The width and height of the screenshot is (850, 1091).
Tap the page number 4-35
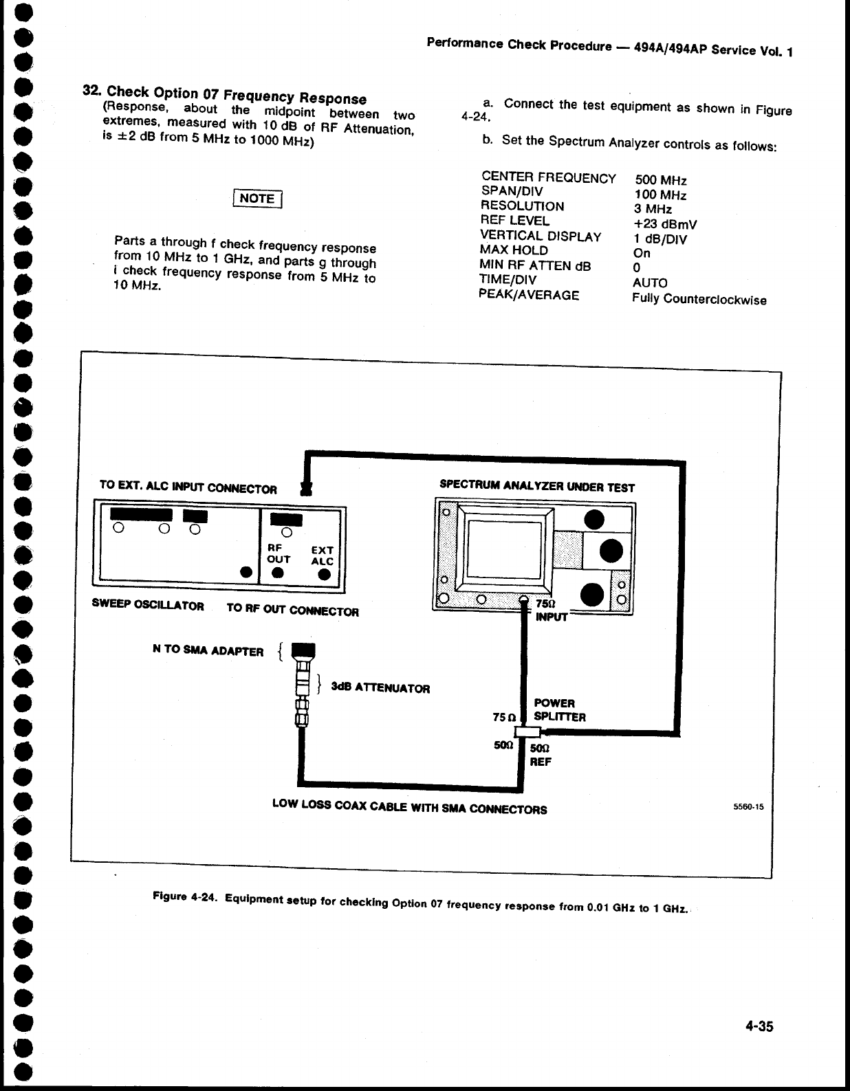[x=759, y=1026]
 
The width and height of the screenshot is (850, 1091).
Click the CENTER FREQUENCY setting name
[x=548, y=178]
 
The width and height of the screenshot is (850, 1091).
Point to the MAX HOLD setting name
[x=513, y=250]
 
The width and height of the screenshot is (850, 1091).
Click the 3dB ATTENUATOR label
[x=380, y=688]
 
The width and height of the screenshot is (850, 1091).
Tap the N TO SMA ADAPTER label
[x=208, y=651]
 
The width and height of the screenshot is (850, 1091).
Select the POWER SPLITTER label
[x=559, y=710]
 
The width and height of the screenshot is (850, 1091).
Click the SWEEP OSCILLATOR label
[x=148, y=606]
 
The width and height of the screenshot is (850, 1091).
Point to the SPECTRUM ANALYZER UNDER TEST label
[x=536, y=487]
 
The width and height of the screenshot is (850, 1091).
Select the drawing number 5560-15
[x=749, y=808]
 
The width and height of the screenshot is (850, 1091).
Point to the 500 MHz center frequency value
[x=660, y=180]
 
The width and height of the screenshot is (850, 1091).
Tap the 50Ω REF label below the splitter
[x=541, y=755]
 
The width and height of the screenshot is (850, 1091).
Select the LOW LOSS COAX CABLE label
[x=409, y=806]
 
